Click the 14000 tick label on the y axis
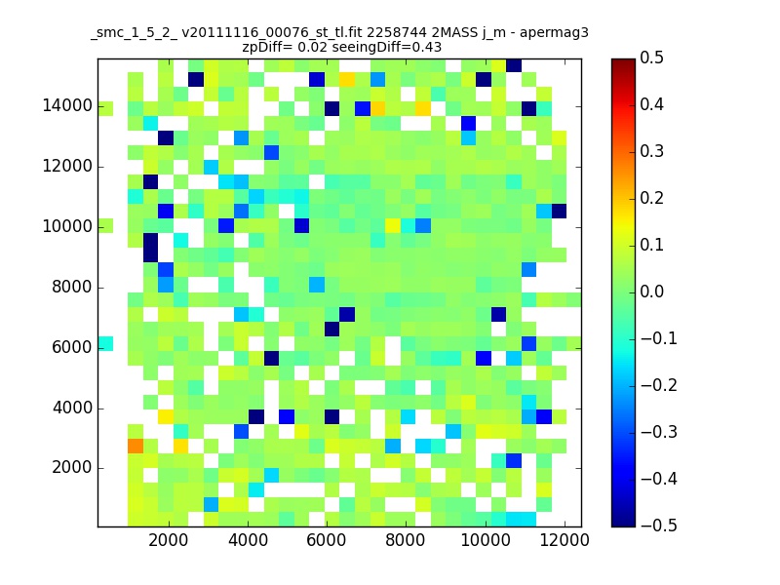(66, 106)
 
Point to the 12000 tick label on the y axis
(66, 167)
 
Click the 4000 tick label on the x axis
(248, 542)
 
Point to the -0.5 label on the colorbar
(657, 526)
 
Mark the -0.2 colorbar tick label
(657, 385)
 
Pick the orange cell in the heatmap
(136, 446)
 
